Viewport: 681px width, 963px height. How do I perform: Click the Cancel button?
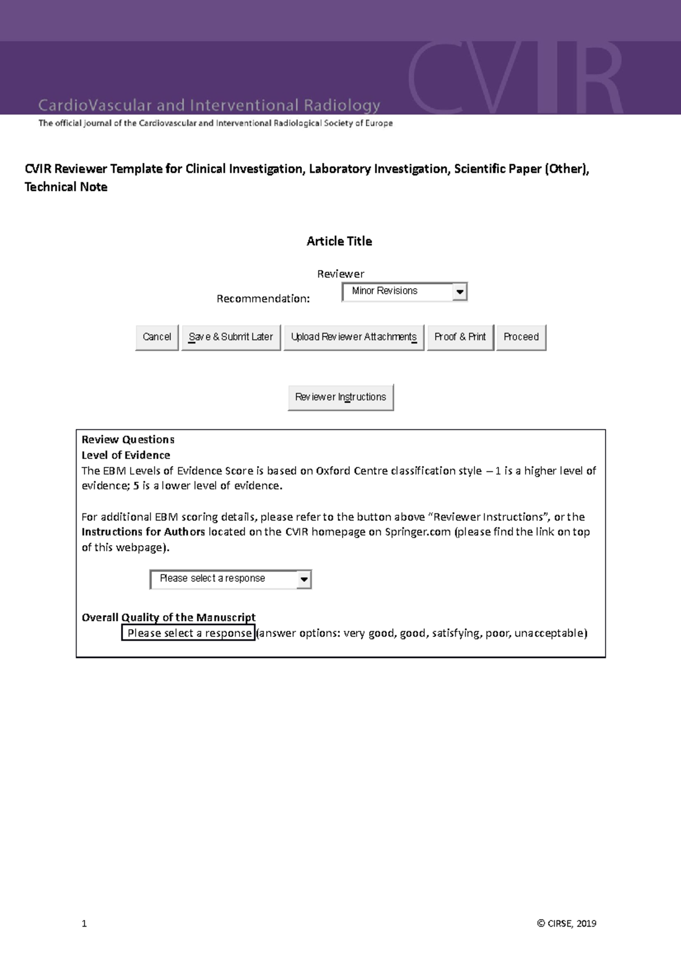pos(157,337)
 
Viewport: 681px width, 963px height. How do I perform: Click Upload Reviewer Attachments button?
pos(354,337)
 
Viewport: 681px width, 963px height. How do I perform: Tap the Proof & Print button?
pos(460,337)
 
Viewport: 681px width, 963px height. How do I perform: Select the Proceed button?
pos(521,337)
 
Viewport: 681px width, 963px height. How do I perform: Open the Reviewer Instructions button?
pos(340,397)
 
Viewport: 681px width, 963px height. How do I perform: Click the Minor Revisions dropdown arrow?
pos(460,292)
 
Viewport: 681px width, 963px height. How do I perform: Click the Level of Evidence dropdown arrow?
pos(304,579)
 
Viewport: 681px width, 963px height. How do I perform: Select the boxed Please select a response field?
pos(188,633)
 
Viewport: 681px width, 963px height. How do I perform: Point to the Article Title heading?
pos(339,241)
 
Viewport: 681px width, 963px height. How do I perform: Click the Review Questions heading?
pos(128,440)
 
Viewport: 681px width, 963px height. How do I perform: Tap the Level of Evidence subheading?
pos(125,455)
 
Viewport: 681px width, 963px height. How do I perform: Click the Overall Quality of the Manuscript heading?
pos(169,617)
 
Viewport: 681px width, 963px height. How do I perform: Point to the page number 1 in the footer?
pos(85,923)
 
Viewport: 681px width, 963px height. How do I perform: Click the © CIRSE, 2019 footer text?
pos(566,923)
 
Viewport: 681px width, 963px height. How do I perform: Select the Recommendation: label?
pos(263,299)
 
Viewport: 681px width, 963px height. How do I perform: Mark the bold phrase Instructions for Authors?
pos(143,532)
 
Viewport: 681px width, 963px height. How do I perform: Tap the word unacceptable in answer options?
pos(549,633)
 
